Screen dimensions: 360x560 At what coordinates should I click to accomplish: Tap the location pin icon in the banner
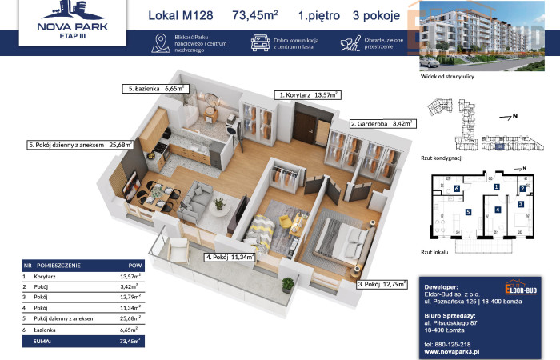coord(160,44)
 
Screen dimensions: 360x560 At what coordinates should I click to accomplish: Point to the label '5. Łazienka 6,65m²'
coord(154,90)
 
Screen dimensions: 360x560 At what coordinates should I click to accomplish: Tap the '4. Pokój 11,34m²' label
coord(230,258)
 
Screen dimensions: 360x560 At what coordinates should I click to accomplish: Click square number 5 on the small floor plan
coord(468,212)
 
